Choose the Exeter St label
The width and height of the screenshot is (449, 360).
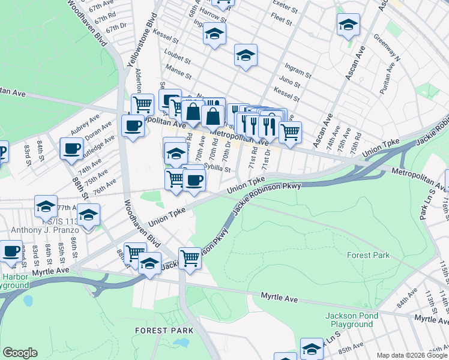tap(285, 6)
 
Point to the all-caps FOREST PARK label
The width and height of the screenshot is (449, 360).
tap(164, 331)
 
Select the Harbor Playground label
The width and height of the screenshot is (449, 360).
tap(14, 281)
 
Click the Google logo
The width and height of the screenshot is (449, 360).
tap(20, 353)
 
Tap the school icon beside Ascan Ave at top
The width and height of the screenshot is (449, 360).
tap(348, 25)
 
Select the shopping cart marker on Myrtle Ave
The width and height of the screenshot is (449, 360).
tap(190, 259)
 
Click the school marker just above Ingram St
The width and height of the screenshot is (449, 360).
tap(245, 56)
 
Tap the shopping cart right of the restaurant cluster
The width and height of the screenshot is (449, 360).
tap(290, 131)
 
